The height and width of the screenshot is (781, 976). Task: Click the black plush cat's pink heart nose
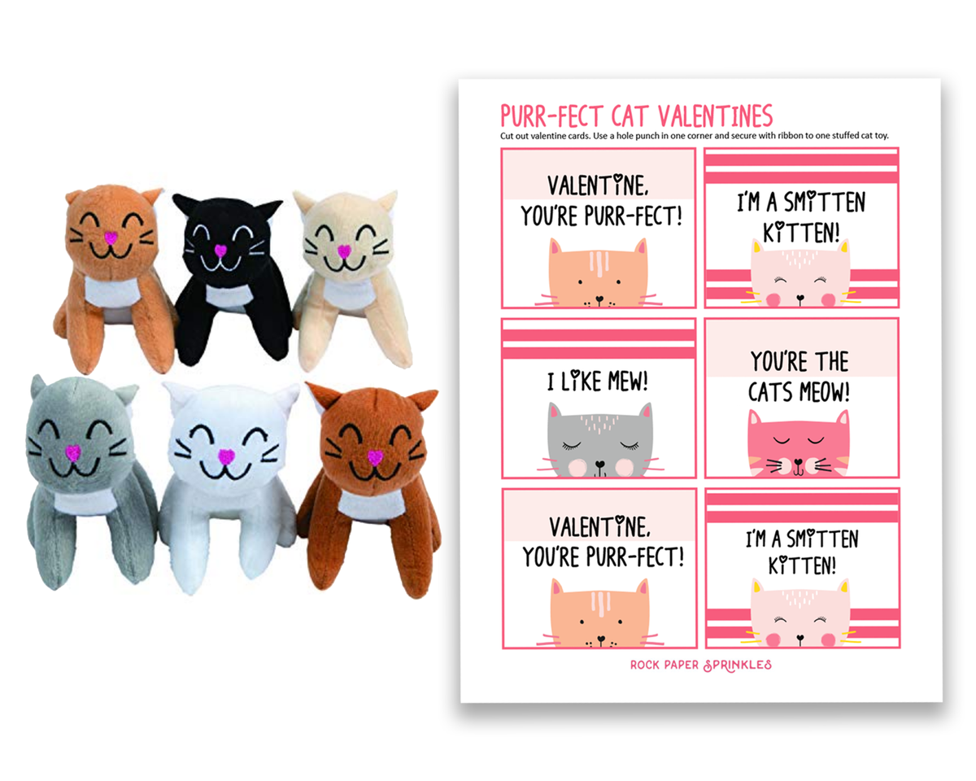tap(220, 250)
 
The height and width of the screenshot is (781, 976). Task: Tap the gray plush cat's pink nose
tap(73, 452)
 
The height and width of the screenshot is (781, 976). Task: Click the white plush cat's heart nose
tap(226, 456)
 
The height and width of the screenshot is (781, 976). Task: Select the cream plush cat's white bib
tap(349, 293)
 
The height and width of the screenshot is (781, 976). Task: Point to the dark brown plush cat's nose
tap(375, 457)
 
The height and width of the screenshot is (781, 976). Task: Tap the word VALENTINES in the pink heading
tap(715, 116)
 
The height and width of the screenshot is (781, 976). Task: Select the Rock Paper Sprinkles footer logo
tap(701, 665)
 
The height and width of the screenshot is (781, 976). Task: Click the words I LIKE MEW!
tap(598, 381)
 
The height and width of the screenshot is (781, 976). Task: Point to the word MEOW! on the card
tap(824, 391)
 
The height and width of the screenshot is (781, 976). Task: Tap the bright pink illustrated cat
tap(799, 443)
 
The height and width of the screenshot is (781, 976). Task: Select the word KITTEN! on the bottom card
tap(802, 565)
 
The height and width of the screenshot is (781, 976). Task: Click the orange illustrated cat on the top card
tap(599, 273)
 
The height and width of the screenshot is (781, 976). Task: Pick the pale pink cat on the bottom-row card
tap(800, 613)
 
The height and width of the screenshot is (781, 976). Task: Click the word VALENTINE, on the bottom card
tap(599, 527)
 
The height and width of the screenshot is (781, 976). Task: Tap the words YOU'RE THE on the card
tap(800, 362)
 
